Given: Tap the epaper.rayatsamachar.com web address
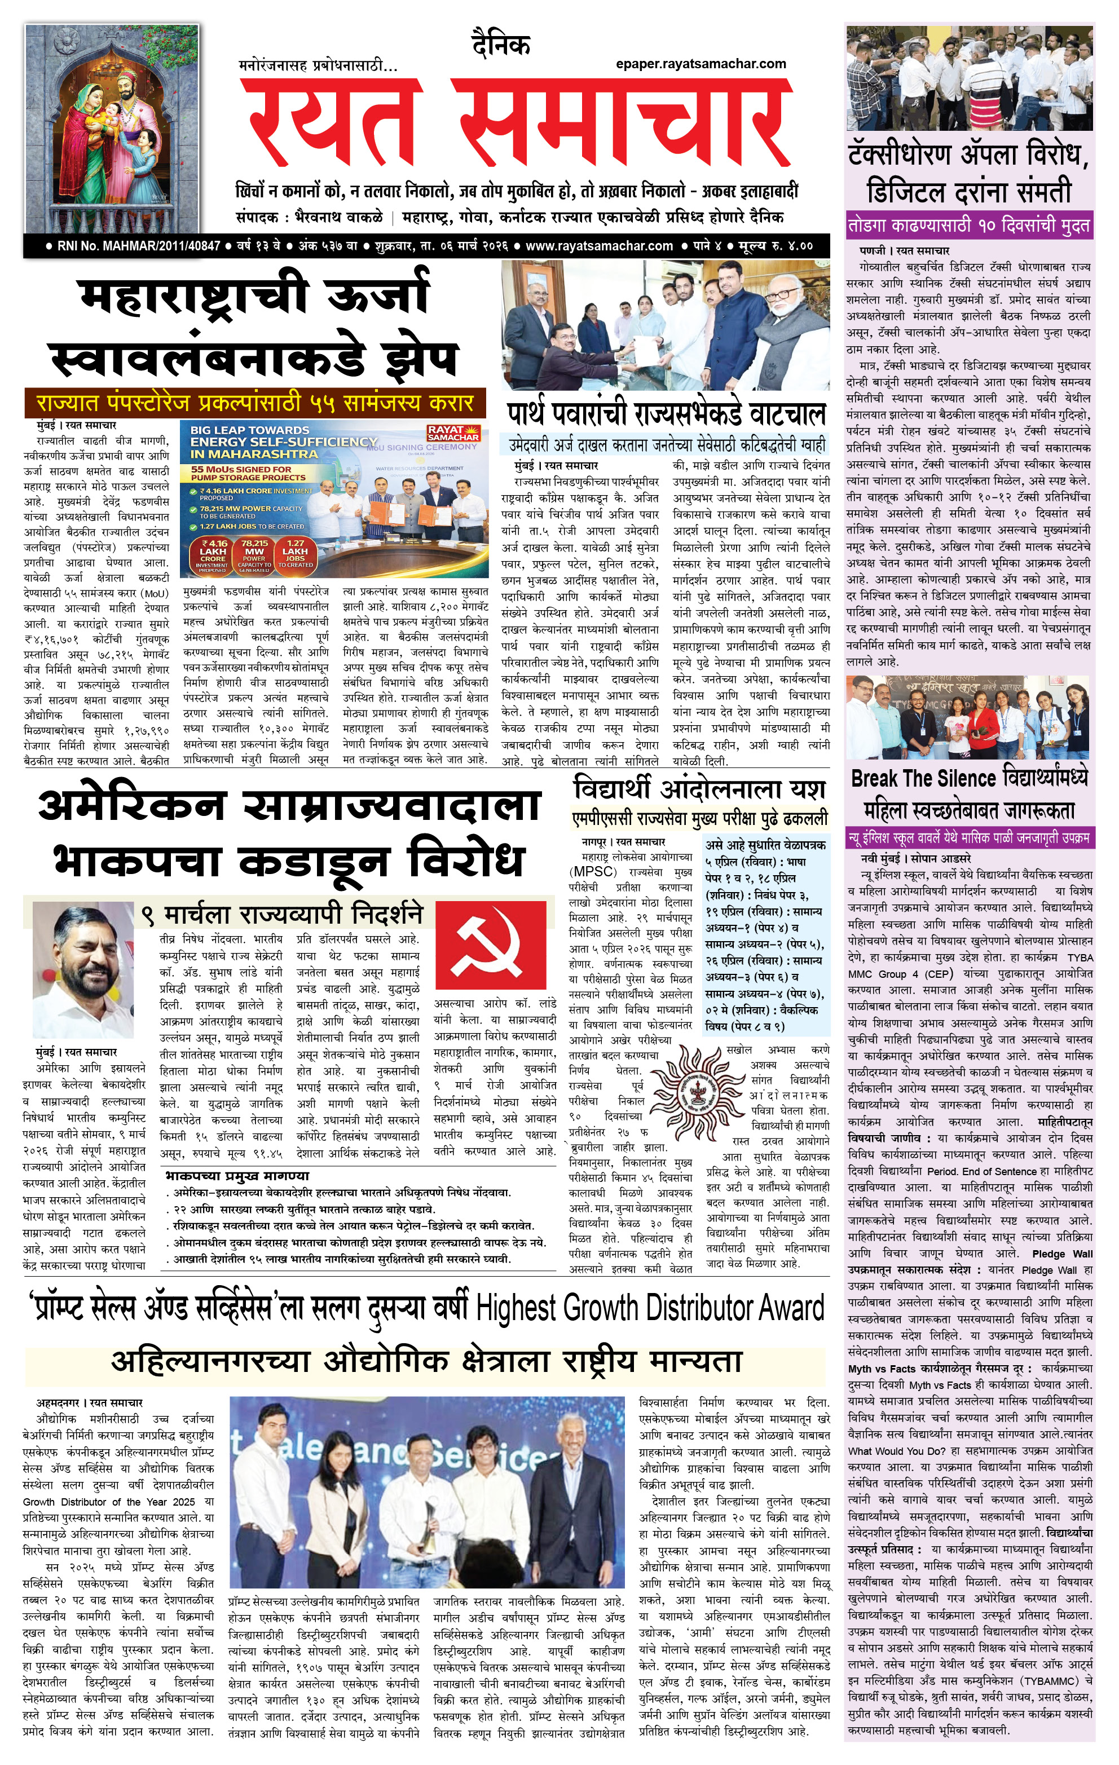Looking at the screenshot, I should (701, 64).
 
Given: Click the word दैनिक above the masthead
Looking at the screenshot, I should (501, 46).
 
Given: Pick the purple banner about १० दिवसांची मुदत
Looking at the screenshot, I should (970, 226).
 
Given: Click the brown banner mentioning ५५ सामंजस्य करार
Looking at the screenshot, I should (255, 403).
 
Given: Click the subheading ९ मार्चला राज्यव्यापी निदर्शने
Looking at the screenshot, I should (283, 915).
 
